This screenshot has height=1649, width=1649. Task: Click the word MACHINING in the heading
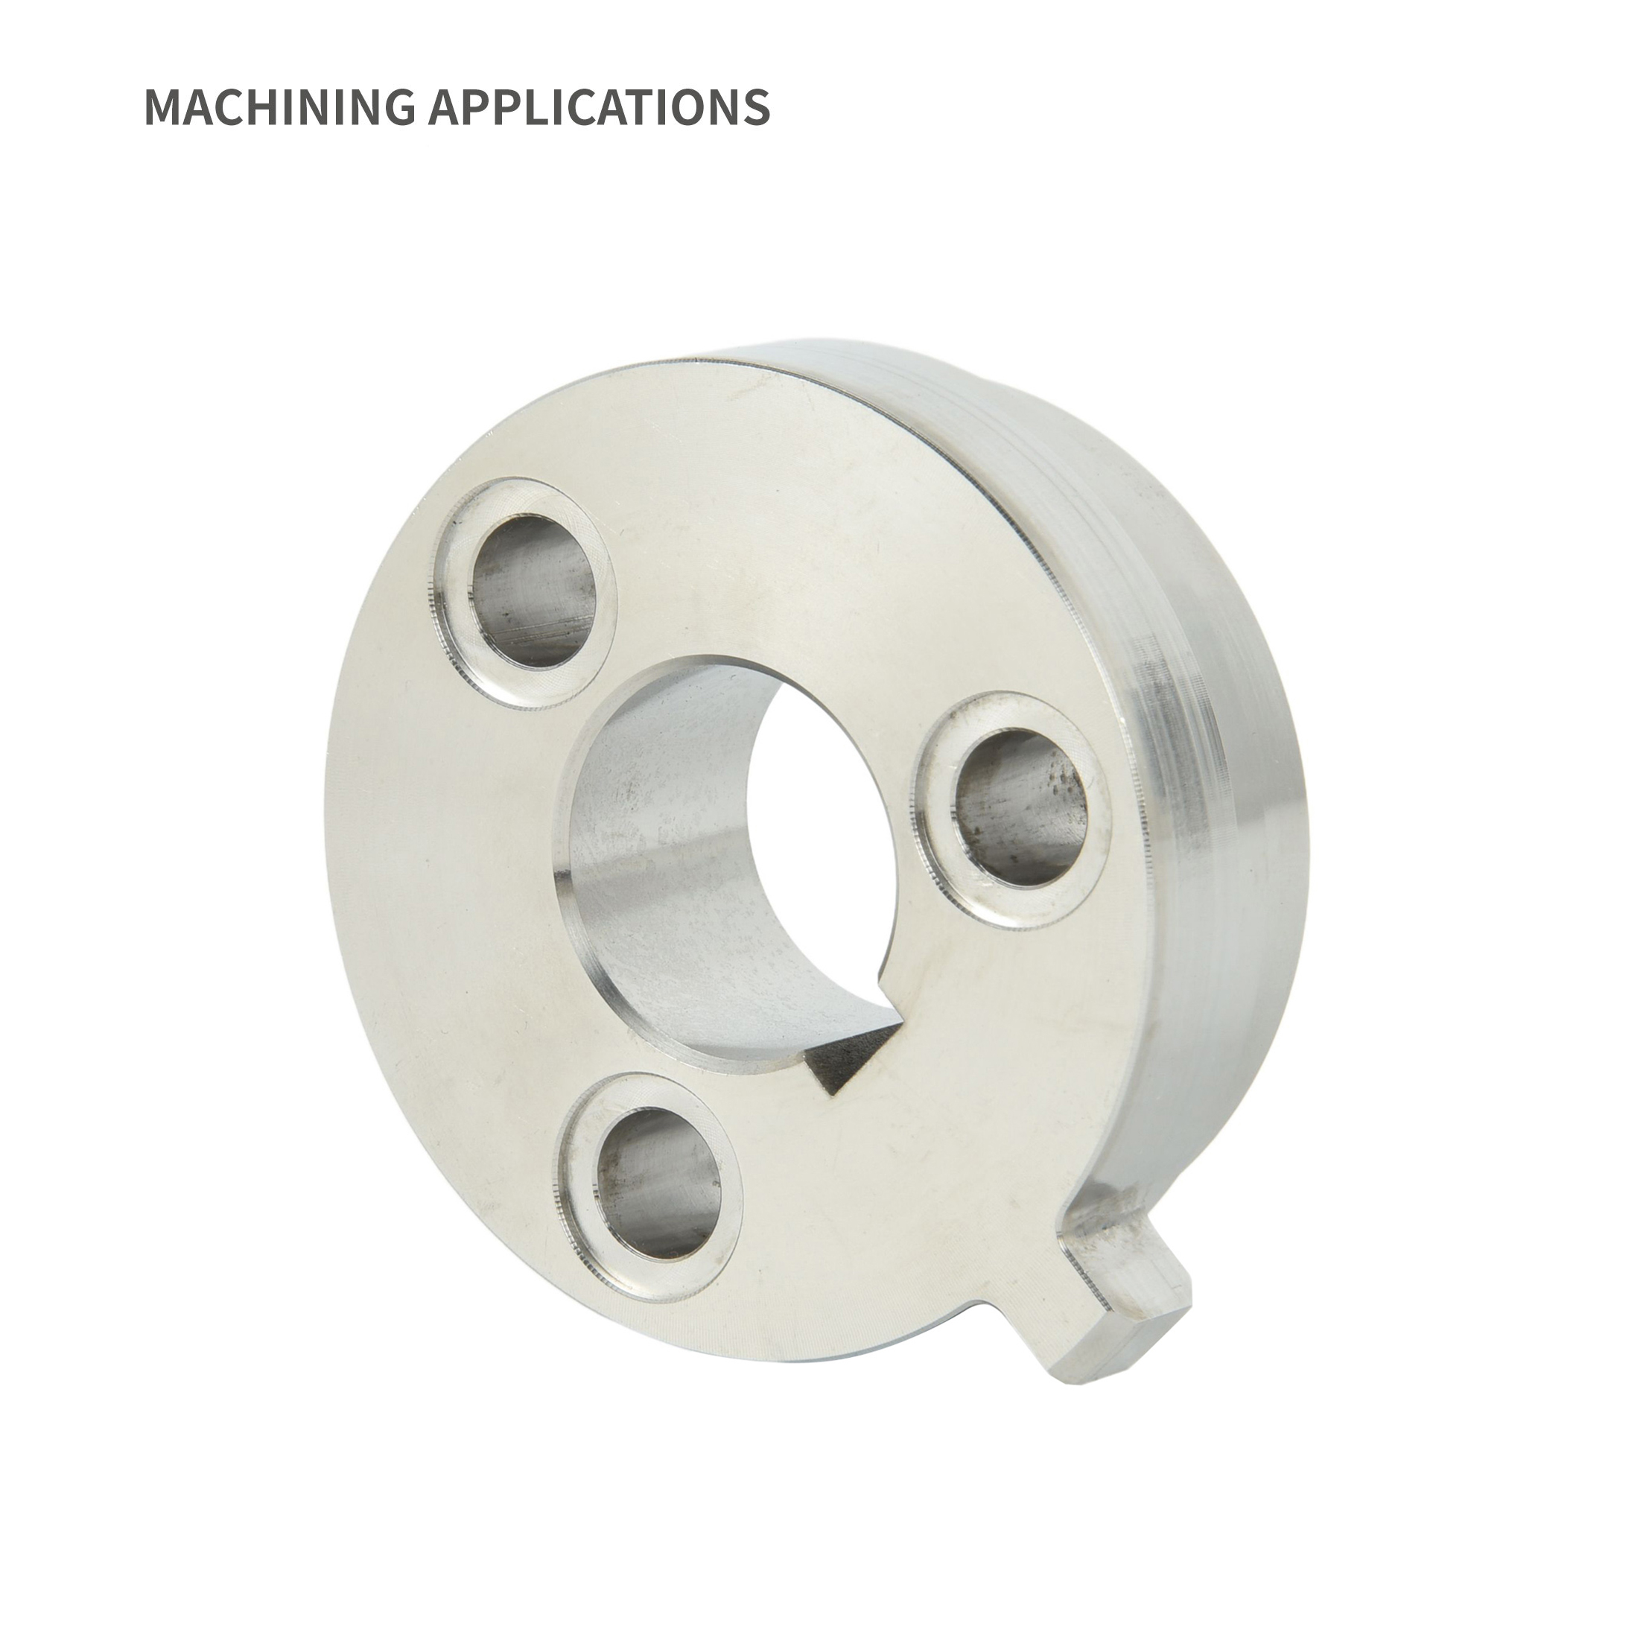click(279, 107)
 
